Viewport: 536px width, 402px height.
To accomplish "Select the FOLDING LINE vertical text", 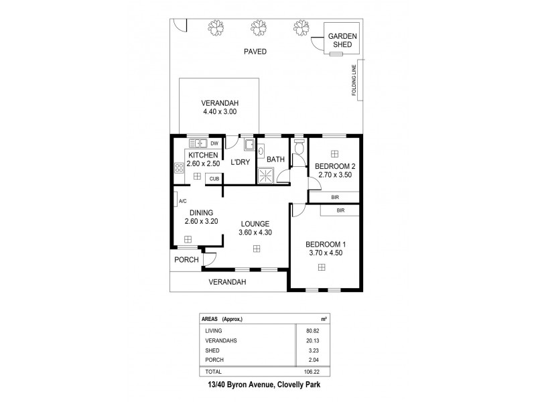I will (x=354, y=80).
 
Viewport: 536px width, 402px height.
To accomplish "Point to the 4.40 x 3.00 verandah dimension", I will (x=220, y=112).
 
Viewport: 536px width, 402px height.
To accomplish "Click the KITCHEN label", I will (x=202, y=155).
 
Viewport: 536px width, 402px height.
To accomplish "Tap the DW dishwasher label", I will (x=214, y=143).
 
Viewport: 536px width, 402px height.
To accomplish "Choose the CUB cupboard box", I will (x=214, y=179).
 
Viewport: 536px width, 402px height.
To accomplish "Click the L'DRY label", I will (x=241, y=162).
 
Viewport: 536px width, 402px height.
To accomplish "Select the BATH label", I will (x=275, y=159).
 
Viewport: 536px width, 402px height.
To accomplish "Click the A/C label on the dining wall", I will (x=182, y=200).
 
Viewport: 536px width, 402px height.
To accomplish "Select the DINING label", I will (x=200, y=212).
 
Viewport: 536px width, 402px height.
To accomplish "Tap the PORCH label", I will (x=185, y=259).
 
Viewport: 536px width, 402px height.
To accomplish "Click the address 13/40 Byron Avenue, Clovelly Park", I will (x=267, y=385).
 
